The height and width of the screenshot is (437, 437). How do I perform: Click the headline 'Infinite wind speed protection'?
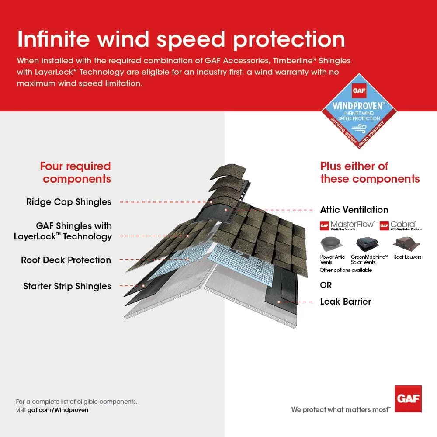[x=181, y=39]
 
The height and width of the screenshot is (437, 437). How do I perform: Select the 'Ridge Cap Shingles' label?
[x=69, y=202]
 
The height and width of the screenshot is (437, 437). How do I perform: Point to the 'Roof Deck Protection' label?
[x=66, y=260]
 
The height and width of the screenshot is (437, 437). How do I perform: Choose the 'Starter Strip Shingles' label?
[x=67, y=287]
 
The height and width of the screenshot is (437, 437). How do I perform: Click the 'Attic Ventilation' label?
[x=354, y=210]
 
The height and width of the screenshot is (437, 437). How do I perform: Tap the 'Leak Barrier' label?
[x=345, y=302]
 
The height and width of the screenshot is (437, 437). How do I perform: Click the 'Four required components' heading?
[x=76, y=172]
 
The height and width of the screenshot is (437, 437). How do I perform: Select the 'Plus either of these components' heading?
[x=370, y=172]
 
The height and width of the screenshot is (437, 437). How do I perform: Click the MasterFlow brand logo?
[x=347, y=225]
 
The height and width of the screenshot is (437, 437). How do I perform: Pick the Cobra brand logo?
[x=400, y=225]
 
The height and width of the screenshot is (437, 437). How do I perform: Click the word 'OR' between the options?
[x=326, y=285]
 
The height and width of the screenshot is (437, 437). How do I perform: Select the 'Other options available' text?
[x=346, y=270]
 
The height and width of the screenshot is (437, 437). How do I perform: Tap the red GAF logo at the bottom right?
[x=408, y=399]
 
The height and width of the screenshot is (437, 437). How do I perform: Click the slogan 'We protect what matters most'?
[x=340, y=409]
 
